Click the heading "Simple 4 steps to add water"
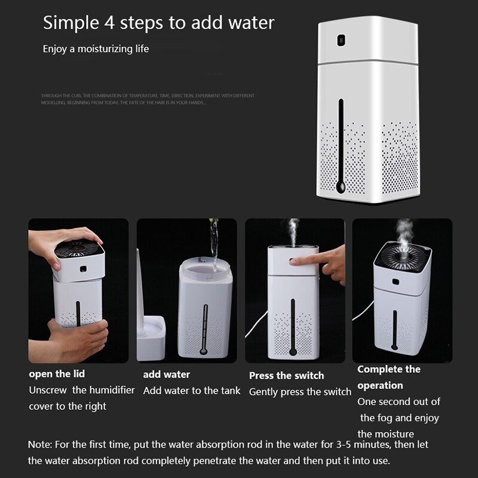[x=158, y=23]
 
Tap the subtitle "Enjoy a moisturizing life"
[x=96, y=48]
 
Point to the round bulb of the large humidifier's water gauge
[x=341, y=187]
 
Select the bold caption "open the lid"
[x=57, y=374]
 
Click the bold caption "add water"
[x=167, y=375]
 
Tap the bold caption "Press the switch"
[x=286, y=376]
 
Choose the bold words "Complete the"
[x=389, y=369]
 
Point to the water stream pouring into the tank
[x=213, y=239]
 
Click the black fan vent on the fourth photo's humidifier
[x=402, y=258]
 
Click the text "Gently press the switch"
[x=300, y=392]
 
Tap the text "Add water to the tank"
[x=192, y=391]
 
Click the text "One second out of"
[x=399, y=402]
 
